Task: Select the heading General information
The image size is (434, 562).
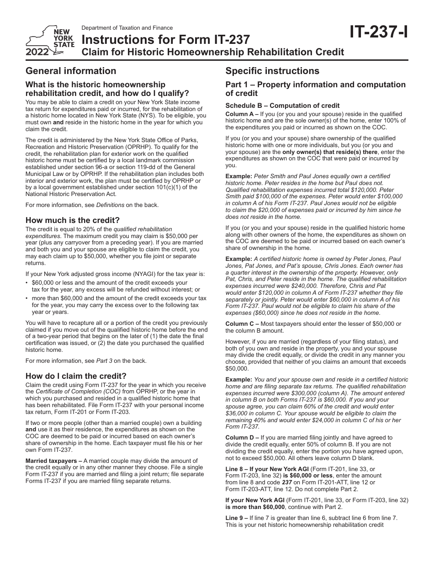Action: click(71, 71)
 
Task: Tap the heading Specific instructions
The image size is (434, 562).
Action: click(272, 71)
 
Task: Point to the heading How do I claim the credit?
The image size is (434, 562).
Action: click(76, 376)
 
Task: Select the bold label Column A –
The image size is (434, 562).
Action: click(242, 114)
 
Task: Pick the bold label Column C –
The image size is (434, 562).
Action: click(242, 324)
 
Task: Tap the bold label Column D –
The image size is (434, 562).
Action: click(242, 438)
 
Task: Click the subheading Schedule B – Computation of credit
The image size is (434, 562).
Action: click(282, 106)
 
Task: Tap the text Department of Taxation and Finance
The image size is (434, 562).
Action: click(127, 28)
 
